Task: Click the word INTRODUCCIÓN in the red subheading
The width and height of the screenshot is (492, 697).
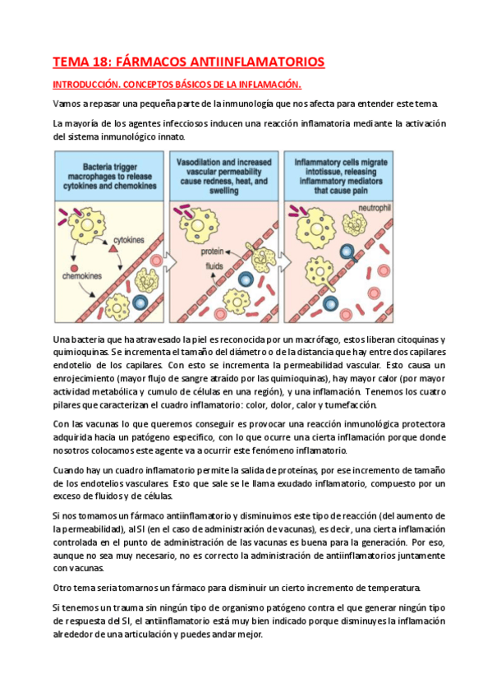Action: (89, 85)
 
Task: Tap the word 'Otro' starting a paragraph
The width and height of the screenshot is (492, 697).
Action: (63, 588)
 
